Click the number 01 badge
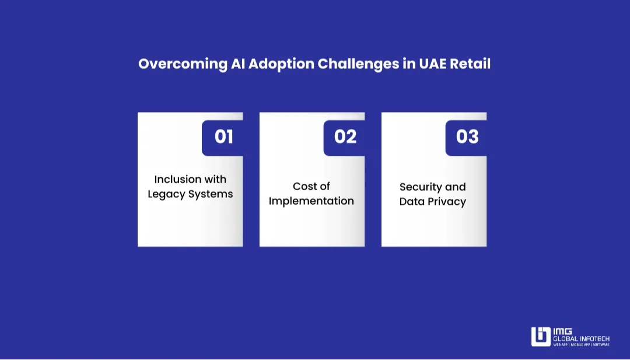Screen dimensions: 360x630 (x=223, y=137)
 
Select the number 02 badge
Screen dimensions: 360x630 (x=345, y=137)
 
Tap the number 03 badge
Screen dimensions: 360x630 (x=467, y=137)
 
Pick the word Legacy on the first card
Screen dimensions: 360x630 (x=167, y=194)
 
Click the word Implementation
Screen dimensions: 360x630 (x=311, y=201)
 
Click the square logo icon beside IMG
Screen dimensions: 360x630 (x=541, y=337)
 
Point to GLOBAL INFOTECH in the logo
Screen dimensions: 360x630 (x=581, y=338)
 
